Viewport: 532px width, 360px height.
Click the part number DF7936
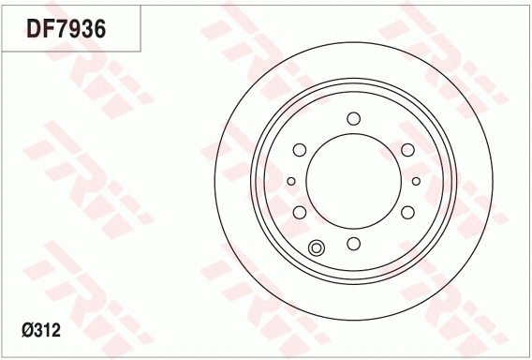pos(66,28)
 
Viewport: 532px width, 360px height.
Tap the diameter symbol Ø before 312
pos(29,330)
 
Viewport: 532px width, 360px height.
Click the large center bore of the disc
pos(353,181)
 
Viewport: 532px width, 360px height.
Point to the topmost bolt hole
pos(353,118)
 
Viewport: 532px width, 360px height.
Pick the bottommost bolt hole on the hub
pos(353,244)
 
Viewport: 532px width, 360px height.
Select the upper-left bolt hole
pos(299,150)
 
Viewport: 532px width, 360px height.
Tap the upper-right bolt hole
pos(407,150)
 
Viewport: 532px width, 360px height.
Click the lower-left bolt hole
pos(299,213)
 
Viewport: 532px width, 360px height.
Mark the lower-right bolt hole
pos(407,213)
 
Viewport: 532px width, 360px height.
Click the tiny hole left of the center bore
pos(291,181)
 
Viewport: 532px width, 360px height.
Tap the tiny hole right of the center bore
pos(416,181)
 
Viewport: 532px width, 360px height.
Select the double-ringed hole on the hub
pos(317,247)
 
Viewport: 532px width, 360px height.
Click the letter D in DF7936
pos(35,28)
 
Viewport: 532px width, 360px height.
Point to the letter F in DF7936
pos(49,28)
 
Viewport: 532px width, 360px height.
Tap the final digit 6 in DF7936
pos(98,28)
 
